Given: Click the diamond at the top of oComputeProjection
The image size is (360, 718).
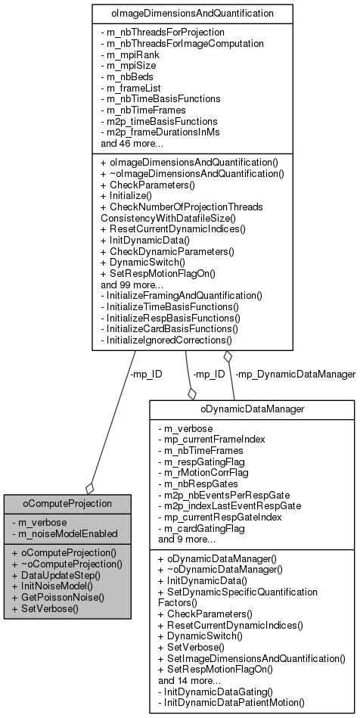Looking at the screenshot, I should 89,488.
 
